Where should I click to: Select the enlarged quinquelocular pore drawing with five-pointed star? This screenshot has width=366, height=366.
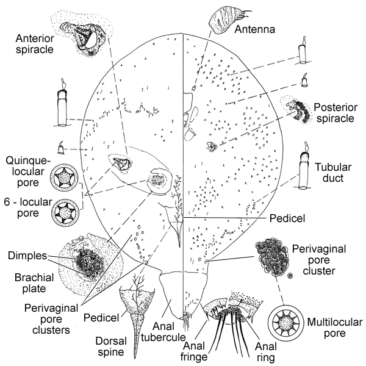[x=64, y=179]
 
